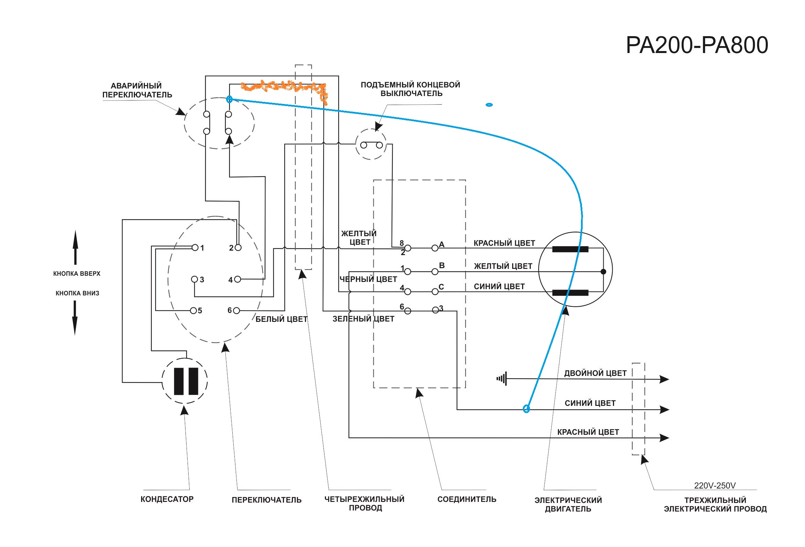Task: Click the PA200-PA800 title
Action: (x=697, y=45)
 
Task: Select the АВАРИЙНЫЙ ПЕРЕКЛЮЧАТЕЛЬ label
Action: (x=137, y=90)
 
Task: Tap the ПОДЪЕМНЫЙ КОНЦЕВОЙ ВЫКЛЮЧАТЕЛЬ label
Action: (x=411, y=89)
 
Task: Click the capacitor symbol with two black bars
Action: (x=185, y=381)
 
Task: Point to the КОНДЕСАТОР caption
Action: (x=167, y=499)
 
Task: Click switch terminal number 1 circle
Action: (x=195, y=248)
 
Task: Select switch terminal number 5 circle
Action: (x=193, y=311)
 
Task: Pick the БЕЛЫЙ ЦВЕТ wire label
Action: (x=281, y=319)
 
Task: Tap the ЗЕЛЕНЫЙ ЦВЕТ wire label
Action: (x=363, y=319)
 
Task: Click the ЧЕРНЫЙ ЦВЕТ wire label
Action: (x=368, y=279)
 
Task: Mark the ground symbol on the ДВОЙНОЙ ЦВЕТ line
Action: (x=502, y=379)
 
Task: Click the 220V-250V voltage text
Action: (x=714, y=485)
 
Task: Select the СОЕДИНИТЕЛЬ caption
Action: (x=467, y=499)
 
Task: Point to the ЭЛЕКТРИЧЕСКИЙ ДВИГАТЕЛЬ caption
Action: (x=568, y=504)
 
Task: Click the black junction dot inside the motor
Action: (x=603, y=272)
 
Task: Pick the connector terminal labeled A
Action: (x=435, y=248)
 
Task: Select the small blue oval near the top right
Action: (x=489, y=105)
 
